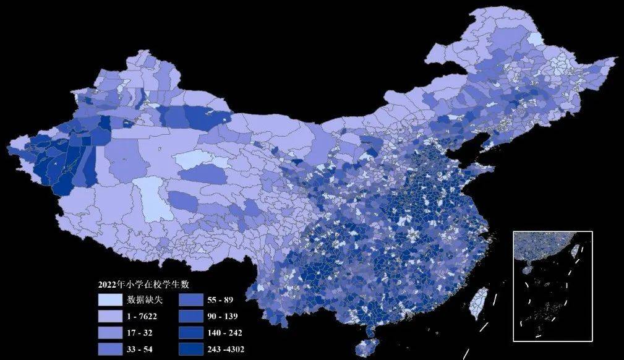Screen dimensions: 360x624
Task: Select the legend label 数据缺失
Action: tap(145, 300)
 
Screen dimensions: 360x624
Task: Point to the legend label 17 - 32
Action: tap(140, 333)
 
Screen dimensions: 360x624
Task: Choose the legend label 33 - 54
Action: tap(140, 349)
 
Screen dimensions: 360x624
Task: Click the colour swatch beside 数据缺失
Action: tap(109, 300)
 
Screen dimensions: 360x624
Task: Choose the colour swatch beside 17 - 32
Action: tap(109, 333)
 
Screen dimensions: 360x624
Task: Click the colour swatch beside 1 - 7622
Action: tap(109, 316)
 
